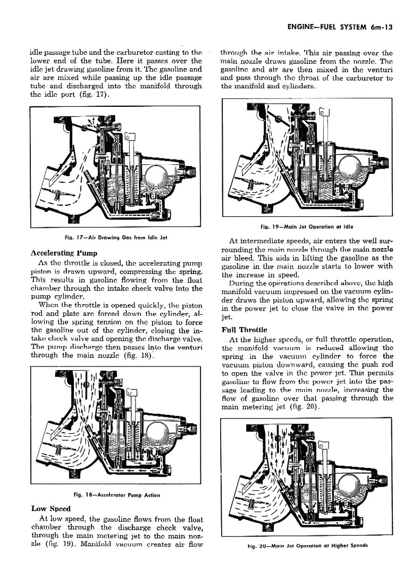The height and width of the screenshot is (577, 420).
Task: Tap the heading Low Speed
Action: coord(50,508)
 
